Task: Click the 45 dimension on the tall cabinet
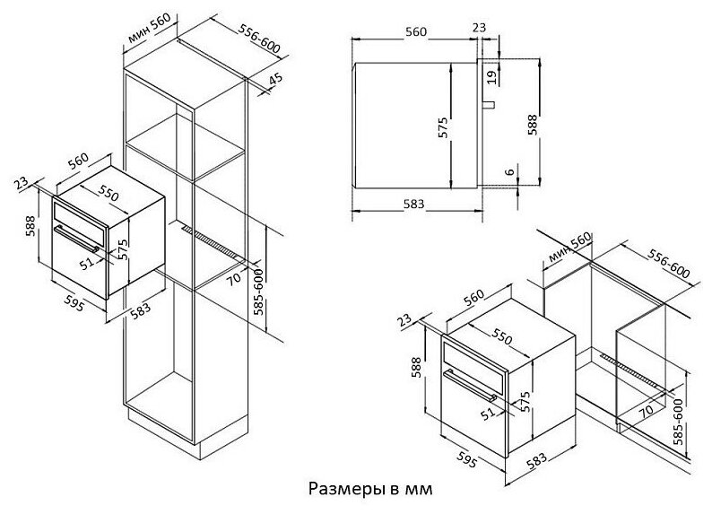pos(275,78)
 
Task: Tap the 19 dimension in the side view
pos(491,75)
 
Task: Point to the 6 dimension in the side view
pos(509,172)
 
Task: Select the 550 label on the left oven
pos(108,194)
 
